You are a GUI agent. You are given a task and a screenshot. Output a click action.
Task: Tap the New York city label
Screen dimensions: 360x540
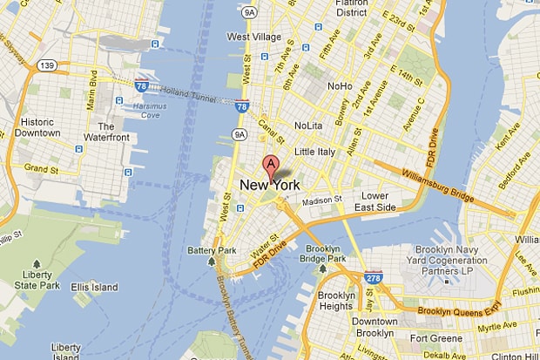pos(270,185)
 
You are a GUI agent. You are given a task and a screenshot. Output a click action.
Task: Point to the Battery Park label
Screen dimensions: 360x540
pos(212,251)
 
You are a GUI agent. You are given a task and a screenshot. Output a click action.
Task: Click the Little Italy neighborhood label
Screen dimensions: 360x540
pos(314,152)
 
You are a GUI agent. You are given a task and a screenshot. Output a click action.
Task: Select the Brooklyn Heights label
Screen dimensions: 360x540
pos(336,301)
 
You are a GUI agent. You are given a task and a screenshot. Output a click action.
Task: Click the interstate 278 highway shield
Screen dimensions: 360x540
pos(374,278)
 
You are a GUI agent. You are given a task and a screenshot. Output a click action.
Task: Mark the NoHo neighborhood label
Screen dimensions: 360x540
pos(339,86)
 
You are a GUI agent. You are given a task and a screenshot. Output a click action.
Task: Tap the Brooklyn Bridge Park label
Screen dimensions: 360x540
pos(322,254)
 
